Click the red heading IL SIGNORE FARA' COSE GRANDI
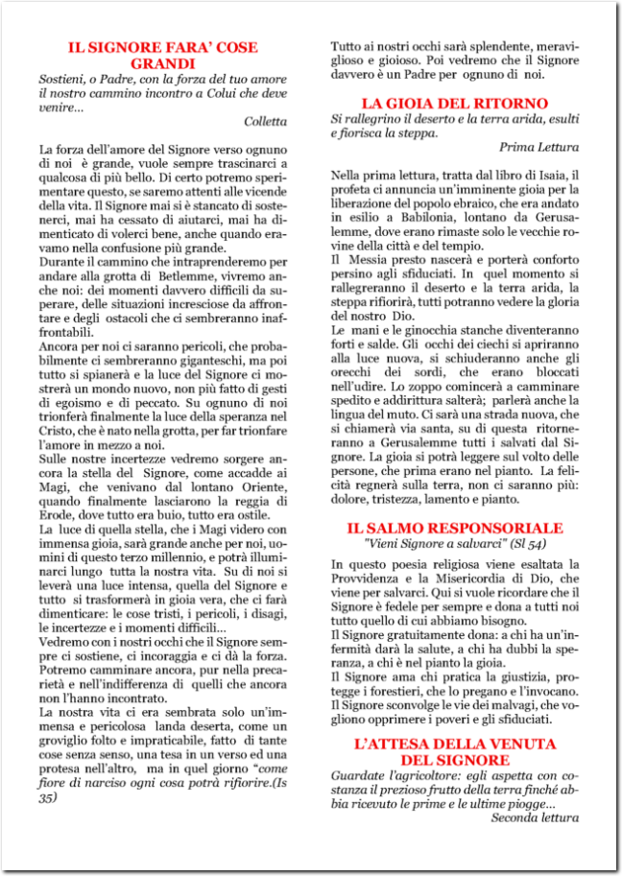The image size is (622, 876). [x=163, y=55]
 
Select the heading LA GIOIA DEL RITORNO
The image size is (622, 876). [x=454, y=103]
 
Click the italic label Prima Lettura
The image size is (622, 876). [x=538, y=147]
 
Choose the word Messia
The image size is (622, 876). [x=365, y=260]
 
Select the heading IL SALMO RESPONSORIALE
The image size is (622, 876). [x=454, y=528]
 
